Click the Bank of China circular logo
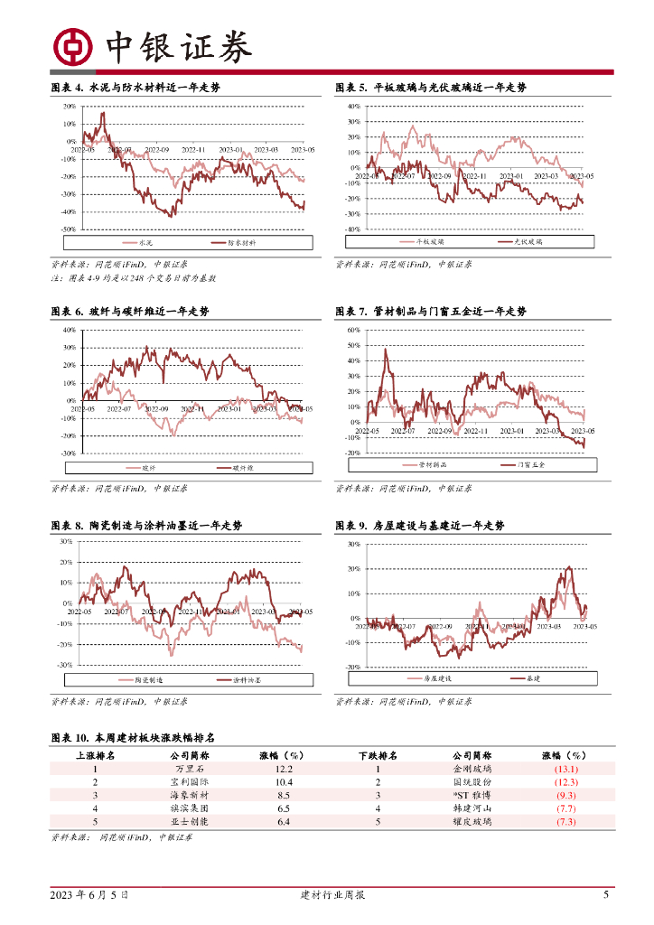pos(71,46)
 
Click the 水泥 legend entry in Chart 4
pos(146,243)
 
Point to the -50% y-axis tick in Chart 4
pos(69,229)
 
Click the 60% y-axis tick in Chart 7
pos(353,331)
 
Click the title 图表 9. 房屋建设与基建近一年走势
pos(419,526)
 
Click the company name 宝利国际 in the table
pos(188,782)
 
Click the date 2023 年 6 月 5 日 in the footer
pos(89,895)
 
